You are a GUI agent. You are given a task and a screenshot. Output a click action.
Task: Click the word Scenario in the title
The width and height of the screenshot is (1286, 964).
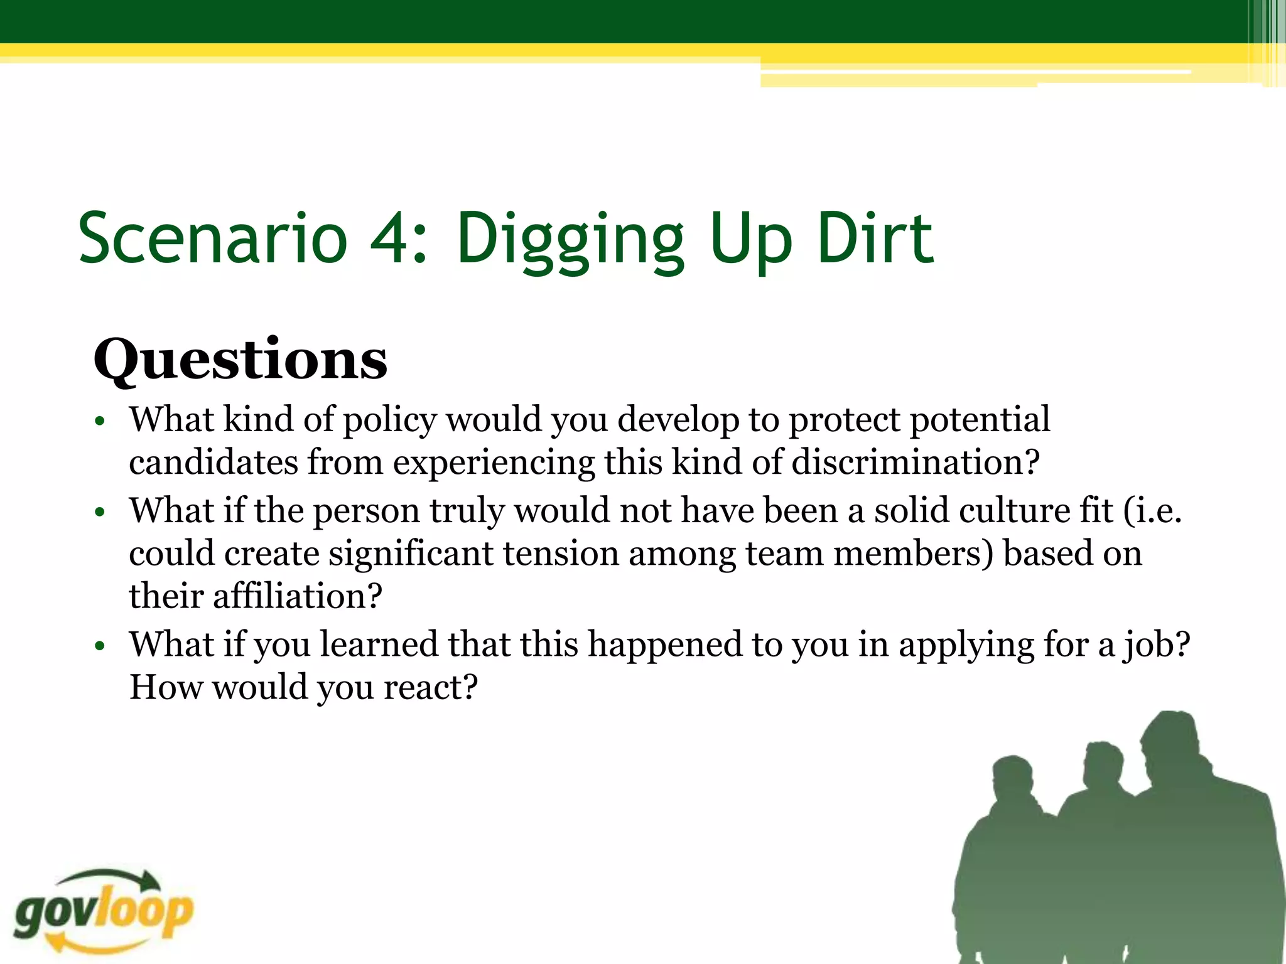(213, 239)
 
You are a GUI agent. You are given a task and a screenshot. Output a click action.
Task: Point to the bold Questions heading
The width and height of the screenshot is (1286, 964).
(240, 361)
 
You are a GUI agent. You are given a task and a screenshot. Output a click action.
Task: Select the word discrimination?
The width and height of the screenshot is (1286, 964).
(916, 463)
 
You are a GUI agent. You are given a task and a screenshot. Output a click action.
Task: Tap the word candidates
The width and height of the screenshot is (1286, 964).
(213, 463)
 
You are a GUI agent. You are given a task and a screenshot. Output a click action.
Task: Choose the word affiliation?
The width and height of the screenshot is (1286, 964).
(297, 596)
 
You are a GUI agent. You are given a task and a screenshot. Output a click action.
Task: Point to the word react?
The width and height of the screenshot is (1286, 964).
(431, 688)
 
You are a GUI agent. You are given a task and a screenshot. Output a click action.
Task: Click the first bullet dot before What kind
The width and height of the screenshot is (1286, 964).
(99, 422)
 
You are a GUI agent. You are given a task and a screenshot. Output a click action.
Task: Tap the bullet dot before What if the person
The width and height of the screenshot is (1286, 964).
(99, 512)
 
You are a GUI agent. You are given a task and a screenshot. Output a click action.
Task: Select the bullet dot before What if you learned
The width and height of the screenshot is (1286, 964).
(99, 646)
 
